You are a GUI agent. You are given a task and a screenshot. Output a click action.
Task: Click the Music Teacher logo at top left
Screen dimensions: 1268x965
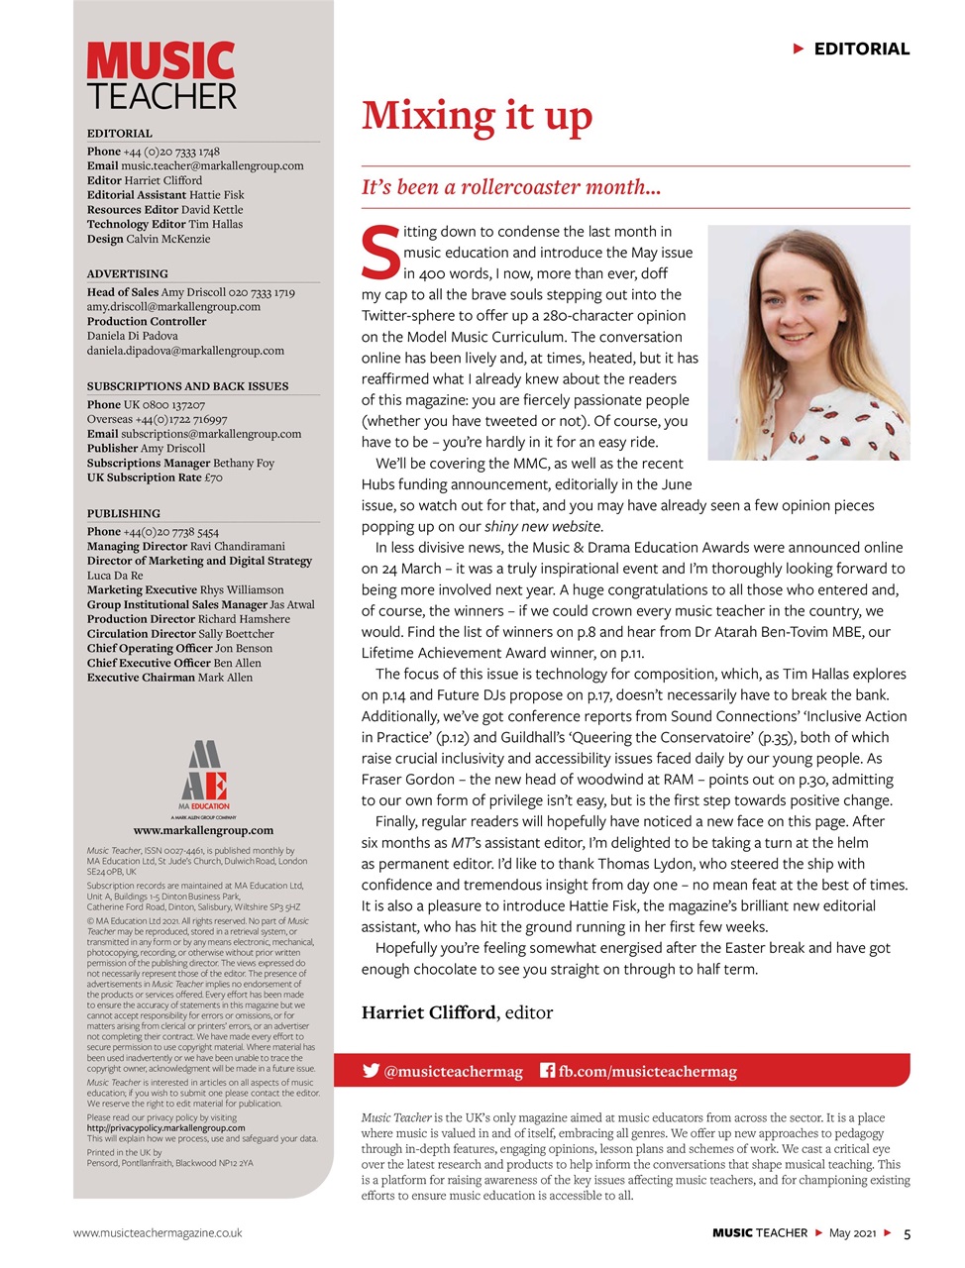pos(161,76)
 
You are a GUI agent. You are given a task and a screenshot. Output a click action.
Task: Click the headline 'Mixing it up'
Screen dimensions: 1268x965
pos(477,117)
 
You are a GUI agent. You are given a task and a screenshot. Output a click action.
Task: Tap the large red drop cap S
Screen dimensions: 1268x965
pos(380,254)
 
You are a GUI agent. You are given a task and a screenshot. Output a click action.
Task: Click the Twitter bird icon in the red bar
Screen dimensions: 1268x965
pos(372,1071)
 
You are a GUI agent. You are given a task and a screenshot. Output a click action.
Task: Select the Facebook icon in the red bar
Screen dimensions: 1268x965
pos(547,1071)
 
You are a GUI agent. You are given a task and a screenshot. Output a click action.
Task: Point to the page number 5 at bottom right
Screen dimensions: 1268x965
pos(907,1233)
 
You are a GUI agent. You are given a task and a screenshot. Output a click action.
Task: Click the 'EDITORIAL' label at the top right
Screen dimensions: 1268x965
pos(861,49)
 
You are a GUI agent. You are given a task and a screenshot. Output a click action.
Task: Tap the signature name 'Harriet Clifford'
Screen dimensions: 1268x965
pos(428,1012)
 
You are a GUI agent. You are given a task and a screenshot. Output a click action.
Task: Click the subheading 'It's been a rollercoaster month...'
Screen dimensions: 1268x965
pos(511,187)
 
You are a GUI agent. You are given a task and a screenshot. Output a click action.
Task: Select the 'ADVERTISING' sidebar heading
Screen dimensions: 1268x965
pos(127,273)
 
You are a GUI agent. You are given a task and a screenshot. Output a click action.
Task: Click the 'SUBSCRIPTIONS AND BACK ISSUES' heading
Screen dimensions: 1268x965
pos(187,386)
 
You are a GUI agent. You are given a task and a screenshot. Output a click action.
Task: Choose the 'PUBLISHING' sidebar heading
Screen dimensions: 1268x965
pos(123,513)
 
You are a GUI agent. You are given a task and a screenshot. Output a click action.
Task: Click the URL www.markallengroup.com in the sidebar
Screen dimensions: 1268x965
pos(203,830)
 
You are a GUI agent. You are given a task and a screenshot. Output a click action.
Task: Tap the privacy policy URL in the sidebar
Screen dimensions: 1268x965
pos(165,1127)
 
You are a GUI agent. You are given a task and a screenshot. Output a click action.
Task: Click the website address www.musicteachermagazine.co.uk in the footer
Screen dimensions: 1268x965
pos(158,1233)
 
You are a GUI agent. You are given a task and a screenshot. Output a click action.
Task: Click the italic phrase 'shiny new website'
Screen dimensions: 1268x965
pos(542,527)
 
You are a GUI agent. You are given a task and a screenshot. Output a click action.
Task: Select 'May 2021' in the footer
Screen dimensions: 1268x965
pos(852,1233)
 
